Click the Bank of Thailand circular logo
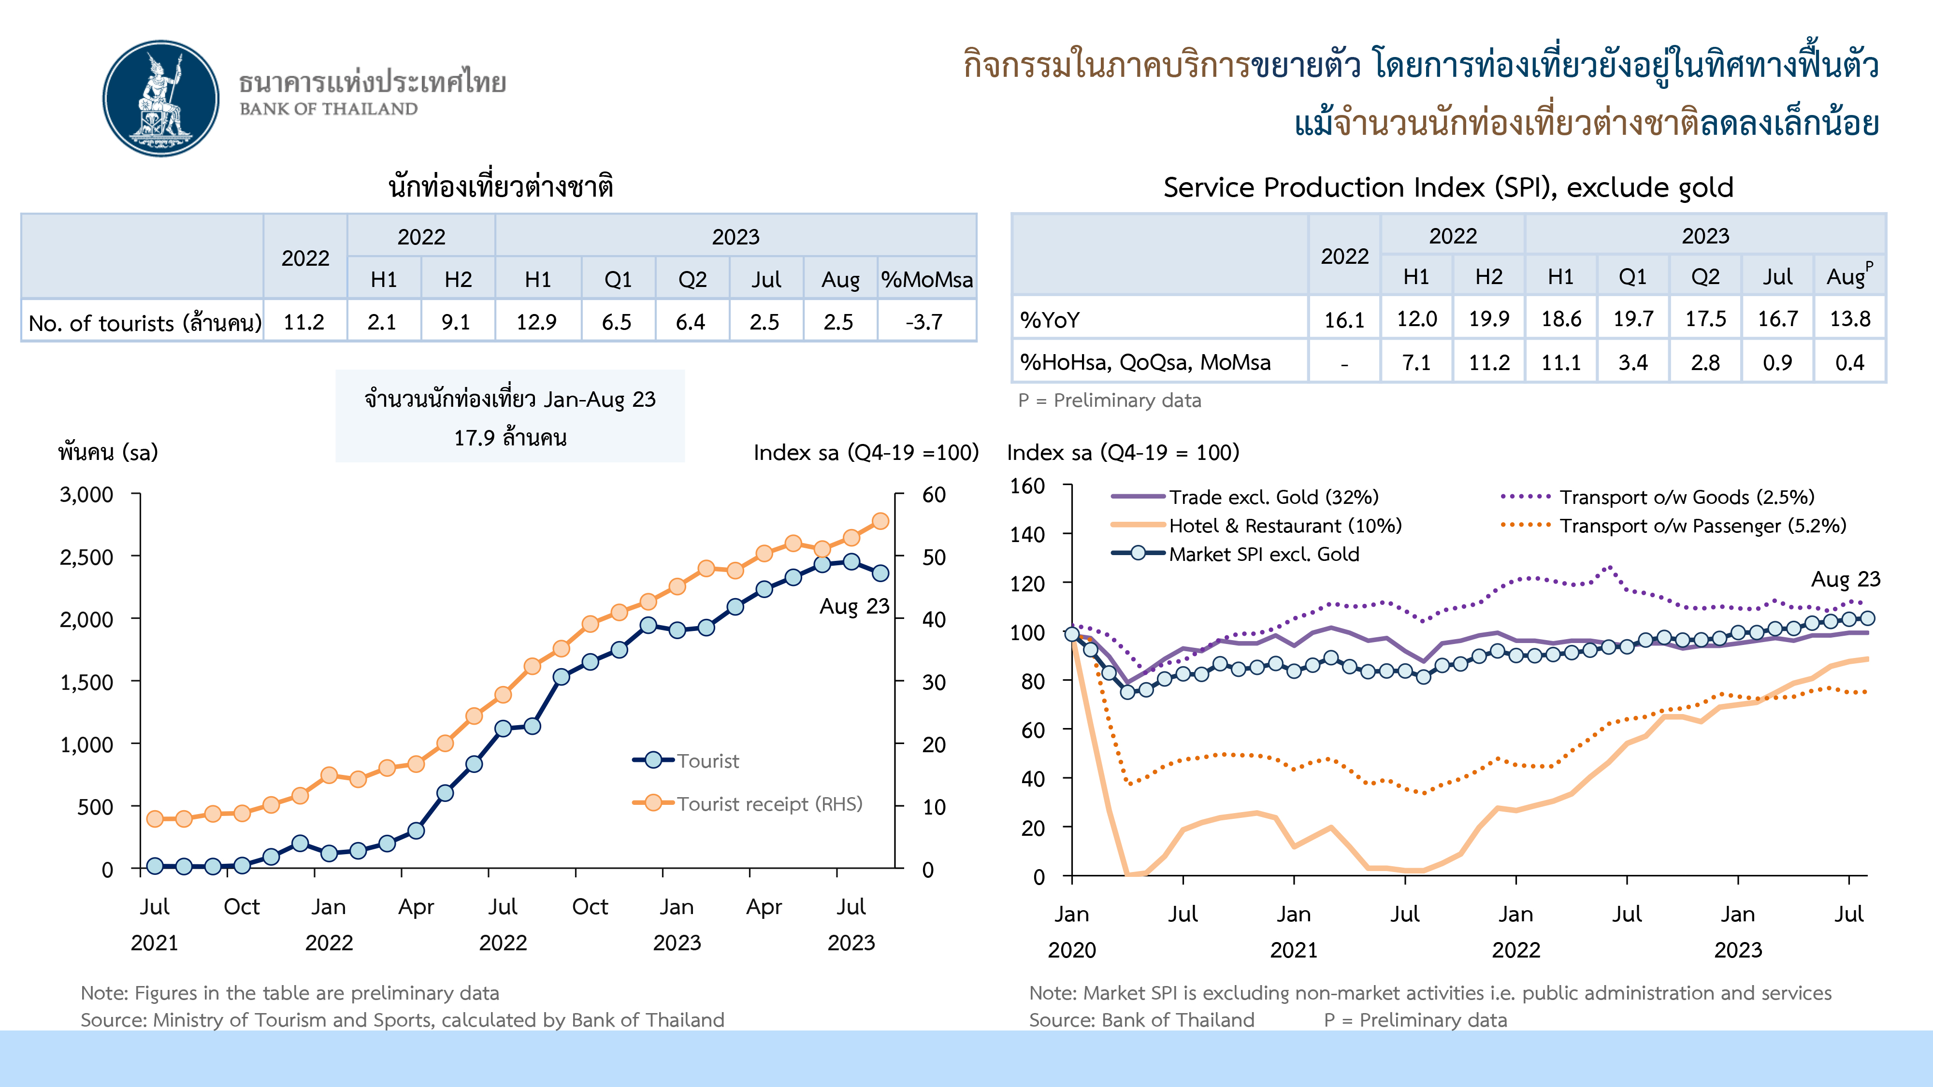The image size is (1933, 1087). tap(160, 98)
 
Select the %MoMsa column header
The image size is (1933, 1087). tap(927, 280)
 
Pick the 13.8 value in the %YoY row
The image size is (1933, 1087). tap(1850, 319)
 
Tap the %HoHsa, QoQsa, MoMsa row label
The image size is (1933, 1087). tap(1145, 362)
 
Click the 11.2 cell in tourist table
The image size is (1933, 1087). tap(304, 322)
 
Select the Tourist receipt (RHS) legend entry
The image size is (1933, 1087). tap(769, 803)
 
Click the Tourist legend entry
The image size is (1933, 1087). tap(707, 761)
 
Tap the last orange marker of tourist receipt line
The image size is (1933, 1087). tap(880, 521)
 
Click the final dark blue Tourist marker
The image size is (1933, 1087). tap(880, 573)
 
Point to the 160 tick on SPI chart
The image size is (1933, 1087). tap(1027, 486)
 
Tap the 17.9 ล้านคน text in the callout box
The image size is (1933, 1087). tap(510, 437)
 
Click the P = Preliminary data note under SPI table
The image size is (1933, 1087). tap(1109, 400)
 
